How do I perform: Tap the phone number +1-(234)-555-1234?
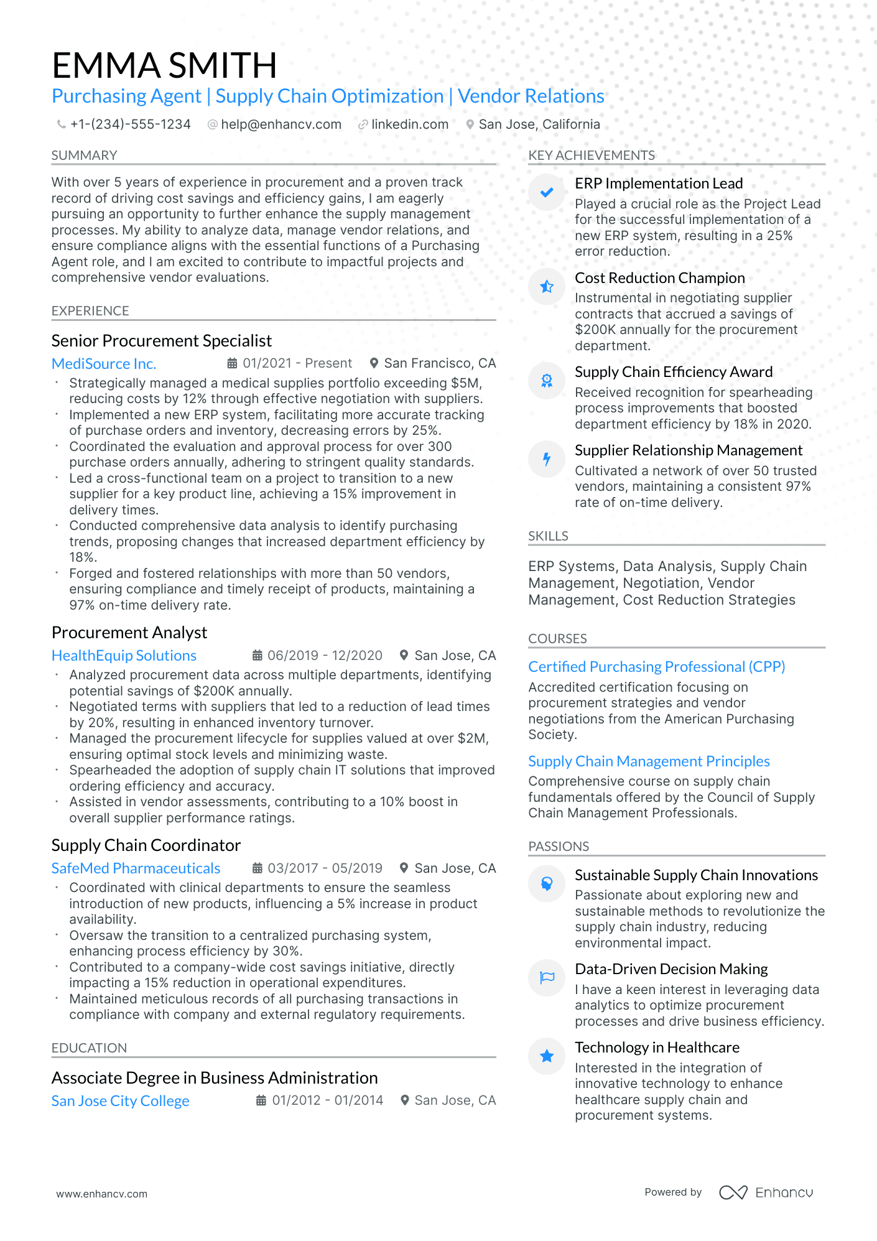coord(130,124)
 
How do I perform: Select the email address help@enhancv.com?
coord(281,124)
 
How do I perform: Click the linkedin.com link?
coord(409,124)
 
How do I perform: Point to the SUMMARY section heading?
coord(84,156)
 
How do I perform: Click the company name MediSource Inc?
coord(104,364)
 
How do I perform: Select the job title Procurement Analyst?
coord(129,633)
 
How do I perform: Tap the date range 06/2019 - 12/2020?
coord(325,656)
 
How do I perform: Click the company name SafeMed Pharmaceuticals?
coord(136,868)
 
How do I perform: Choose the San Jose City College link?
coord(120,1101)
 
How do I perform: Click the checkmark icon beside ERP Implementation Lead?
coord(547,193)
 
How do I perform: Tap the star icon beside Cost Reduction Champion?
coord(547,287)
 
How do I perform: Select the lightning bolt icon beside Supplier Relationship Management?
coord(547,459)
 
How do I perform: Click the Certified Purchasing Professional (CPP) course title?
coord(656,667)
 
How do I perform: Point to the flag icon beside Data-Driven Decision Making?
coord(547,977)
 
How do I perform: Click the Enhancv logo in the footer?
coord(766,1192)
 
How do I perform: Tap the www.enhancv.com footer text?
coord(102,1194)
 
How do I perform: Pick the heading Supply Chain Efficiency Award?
coord(674,372)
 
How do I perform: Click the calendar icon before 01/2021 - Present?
coord(232,363)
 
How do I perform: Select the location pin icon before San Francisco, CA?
coord(374,363)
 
